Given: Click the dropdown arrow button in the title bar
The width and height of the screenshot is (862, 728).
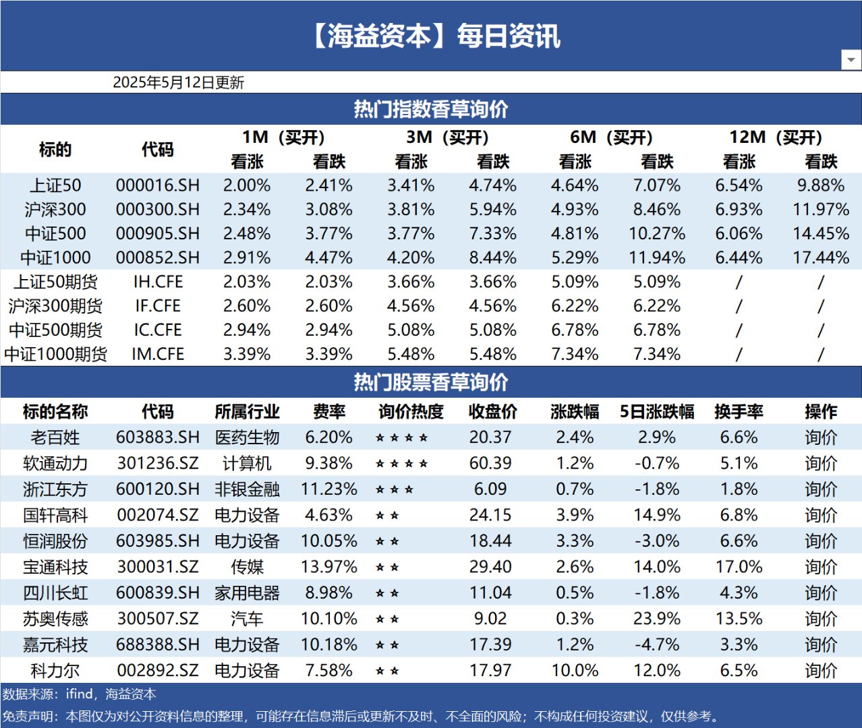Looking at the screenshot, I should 851,60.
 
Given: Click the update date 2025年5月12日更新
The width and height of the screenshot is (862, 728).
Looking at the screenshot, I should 178,82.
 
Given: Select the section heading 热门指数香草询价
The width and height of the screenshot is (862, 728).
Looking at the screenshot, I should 431,109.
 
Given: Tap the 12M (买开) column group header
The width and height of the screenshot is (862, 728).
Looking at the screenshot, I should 776,138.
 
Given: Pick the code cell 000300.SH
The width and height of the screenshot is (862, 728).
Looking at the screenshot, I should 157,210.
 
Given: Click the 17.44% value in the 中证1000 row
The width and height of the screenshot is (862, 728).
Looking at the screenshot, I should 820,257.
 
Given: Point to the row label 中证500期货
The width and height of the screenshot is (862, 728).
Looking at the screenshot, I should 55,330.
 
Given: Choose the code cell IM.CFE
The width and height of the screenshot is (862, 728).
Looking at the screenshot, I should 157,354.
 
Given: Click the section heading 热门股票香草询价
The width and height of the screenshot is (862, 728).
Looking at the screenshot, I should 431,382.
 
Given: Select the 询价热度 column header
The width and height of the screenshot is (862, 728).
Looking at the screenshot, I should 411,412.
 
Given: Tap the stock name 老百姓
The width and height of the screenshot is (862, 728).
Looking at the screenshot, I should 55,437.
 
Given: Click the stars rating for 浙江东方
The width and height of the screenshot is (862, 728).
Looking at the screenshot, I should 395,489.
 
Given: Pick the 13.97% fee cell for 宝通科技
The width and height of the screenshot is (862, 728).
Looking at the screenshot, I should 328,567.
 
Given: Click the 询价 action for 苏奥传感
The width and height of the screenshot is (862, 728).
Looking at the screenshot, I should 820,619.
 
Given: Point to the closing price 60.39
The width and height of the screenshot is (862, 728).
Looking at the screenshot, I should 490,464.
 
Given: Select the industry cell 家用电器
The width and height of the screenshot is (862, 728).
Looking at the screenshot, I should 247,593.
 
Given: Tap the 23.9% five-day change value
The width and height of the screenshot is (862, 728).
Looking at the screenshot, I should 656,619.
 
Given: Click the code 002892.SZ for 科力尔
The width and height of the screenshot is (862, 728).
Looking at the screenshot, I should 157,671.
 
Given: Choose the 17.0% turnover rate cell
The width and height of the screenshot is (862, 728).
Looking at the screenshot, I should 739,567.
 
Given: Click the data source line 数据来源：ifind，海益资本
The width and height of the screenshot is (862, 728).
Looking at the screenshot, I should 79,694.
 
